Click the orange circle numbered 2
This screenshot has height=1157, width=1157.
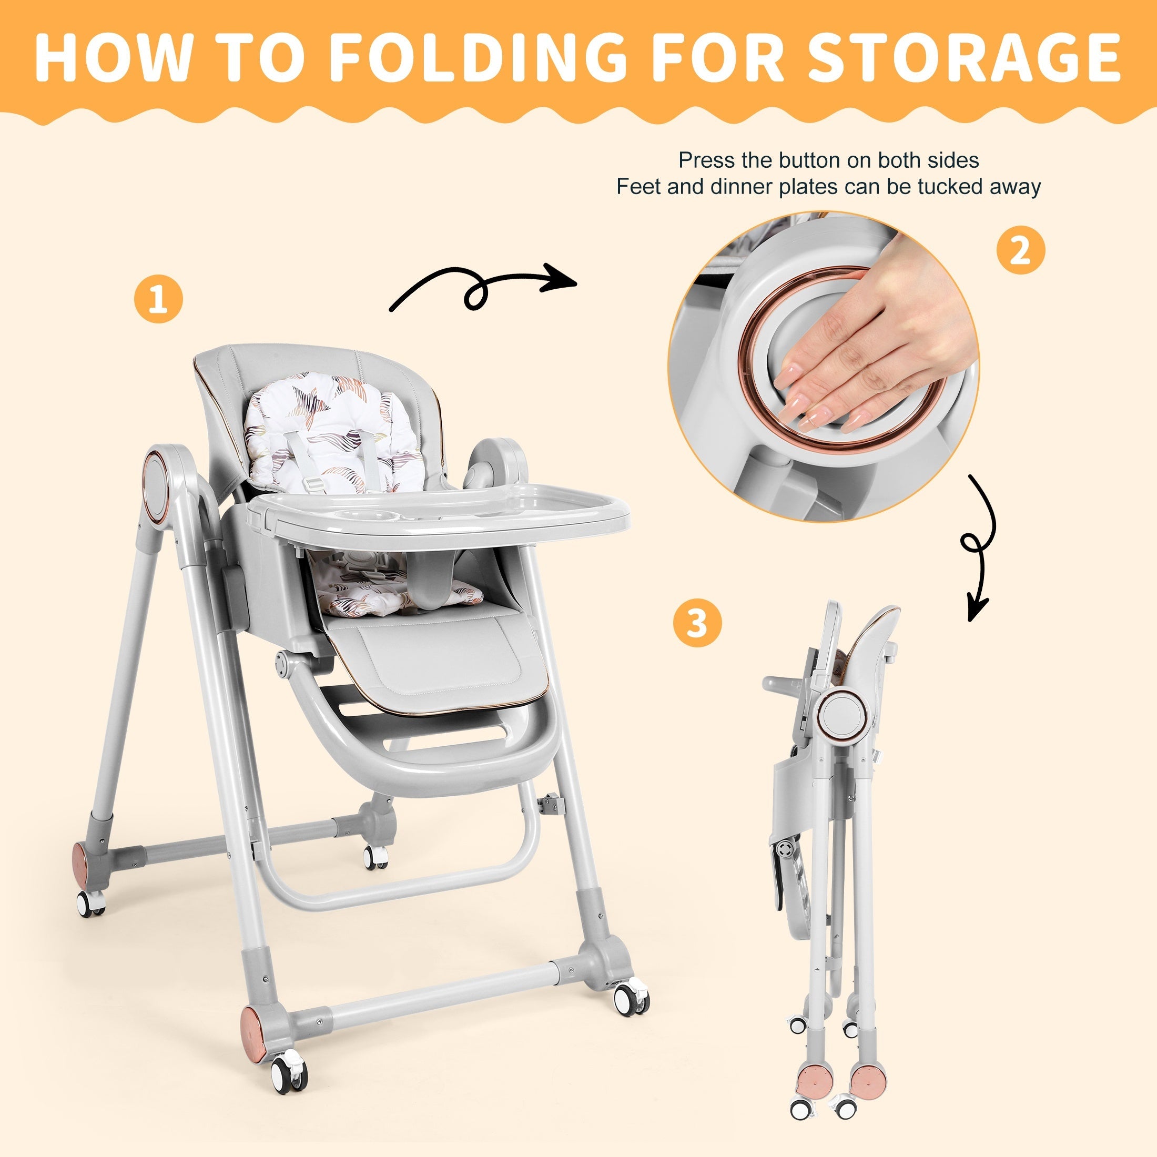click(x=1020, y=250)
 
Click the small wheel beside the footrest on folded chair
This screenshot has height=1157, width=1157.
click(x=785, y=850)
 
